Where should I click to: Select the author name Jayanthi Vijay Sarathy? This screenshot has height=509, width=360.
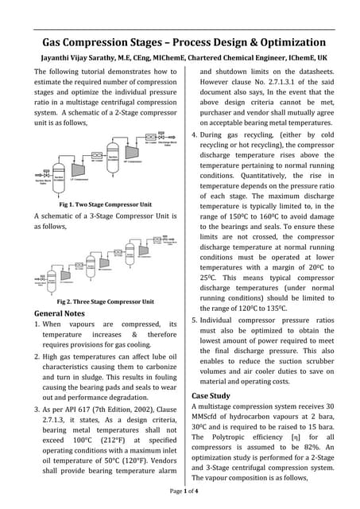click(77, 59)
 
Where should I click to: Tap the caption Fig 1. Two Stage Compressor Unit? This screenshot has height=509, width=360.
click(99, 204)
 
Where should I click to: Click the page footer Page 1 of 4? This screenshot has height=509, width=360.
click(180, 493)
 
